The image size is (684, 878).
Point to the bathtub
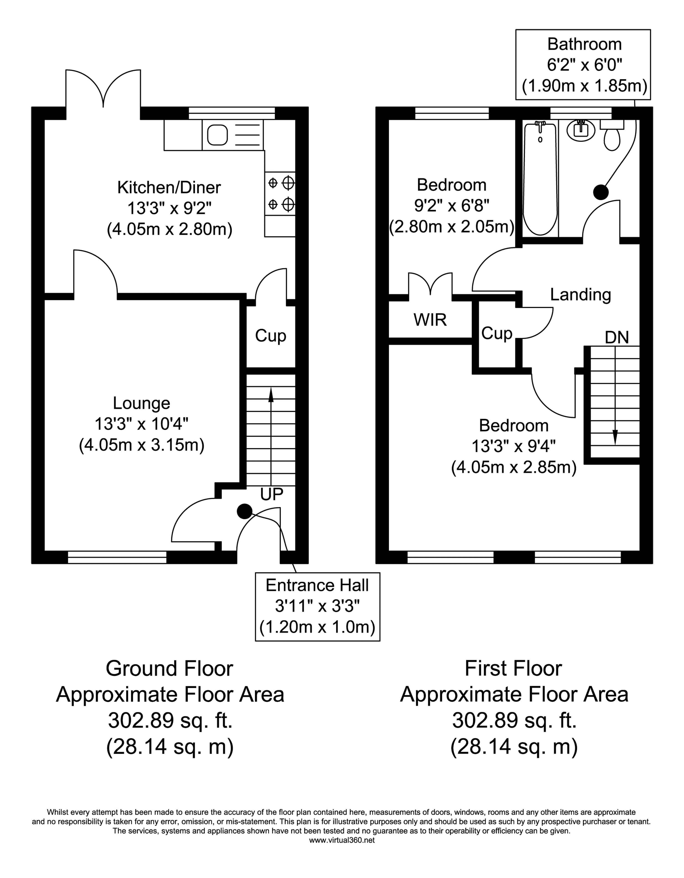click(540, 179)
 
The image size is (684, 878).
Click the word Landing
click(580, 295)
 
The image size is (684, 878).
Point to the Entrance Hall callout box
click(317, 606)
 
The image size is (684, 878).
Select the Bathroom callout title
click(584, 44)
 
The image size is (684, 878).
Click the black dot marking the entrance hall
click(244, 511)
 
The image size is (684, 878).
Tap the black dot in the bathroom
click(601, 192)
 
